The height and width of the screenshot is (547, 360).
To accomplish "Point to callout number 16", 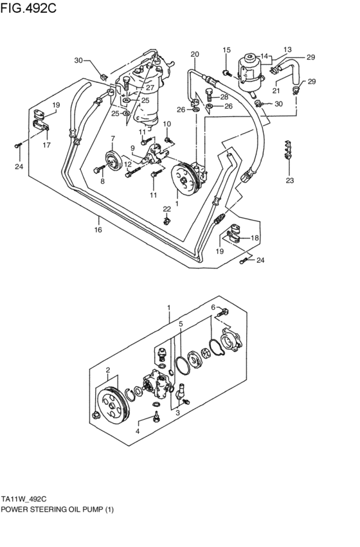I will point(98,229).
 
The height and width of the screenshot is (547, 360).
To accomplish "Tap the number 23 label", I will point(290,181).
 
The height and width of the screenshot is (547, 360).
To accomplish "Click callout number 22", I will point(166,209).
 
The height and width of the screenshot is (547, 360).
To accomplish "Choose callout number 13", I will point(287,49).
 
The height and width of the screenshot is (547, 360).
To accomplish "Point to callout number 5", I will point(181,324).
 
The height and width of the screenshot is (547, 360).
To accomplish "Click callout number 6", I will point(213,307).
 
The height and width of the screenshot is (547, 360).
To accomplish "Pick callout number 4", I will point(136,431).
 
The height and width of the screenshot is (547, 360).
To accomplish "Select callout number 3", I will point(177,413).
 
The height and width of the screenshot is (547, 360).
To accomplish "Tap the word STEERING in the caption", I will point(62,510).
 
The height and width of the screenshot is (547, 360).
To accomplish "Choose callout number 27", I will point(149,89).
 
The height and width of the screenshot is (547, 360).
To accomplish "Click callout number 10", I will point(166,123).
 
